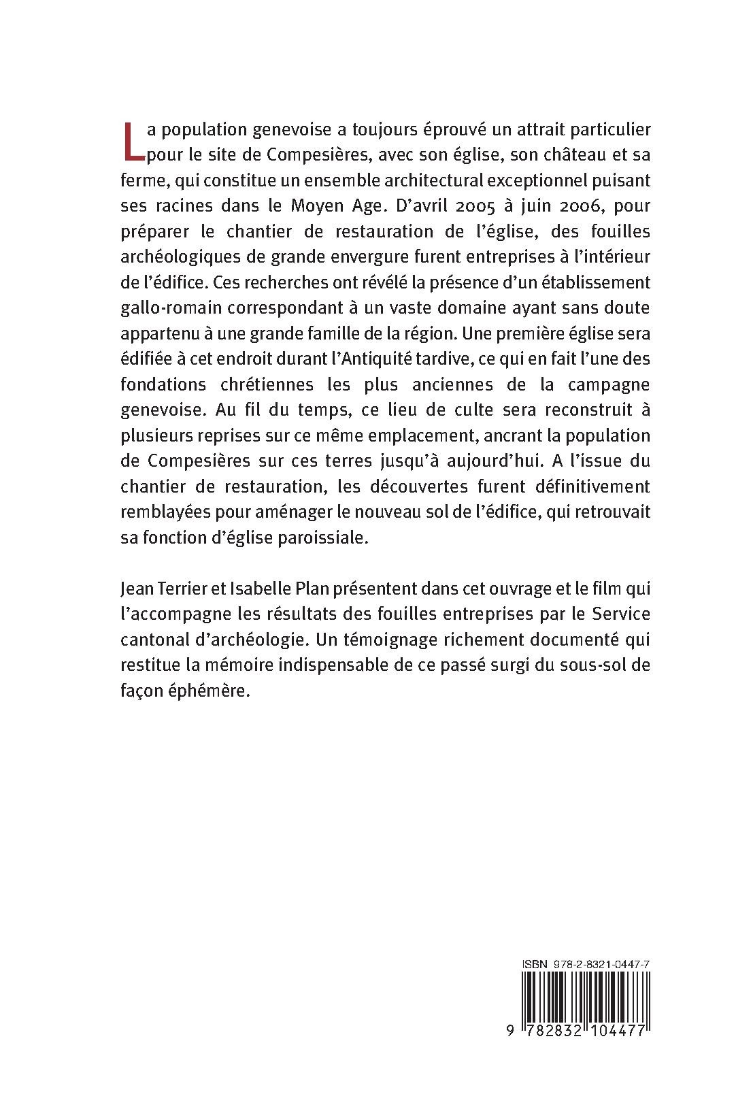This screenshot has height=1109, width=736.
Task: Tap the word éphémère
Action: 203,691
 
